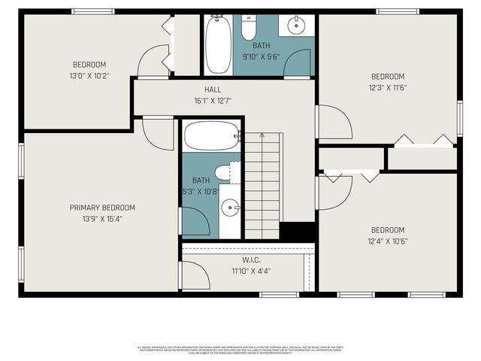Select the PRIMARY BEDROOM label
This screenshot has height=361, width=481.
tap(102, 208)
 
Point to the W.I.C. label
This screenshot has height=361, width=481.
tap(251, 259)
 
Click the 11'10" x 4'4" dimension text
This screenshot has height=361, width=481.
tap(251, 270)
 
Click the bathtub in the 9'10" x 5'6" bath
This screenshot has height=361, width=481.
tap(219, 46)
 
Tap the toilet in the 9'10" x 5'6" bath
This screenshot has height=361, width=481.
tap(249, 29)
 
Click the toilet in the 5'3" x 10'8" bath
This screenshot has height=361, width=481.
tap(224, 173)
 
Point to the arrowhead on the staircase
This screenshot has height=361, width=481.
tap(262, 136)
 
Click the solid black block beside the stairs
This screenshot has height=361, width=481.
tap(297, 232)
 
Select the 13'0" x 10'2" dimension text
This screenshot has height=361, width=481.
tap(89, 75)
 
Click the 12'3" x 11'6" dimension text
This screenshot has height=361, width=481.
tap(388, 87)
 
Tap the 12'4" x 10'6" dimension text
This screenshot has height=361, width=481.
tap(388, 241)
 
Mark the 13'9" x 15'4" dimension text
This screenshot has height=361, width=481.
tap(102, 219)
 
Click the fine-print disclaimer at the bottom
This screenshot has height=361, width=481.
tap(240, 350)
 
